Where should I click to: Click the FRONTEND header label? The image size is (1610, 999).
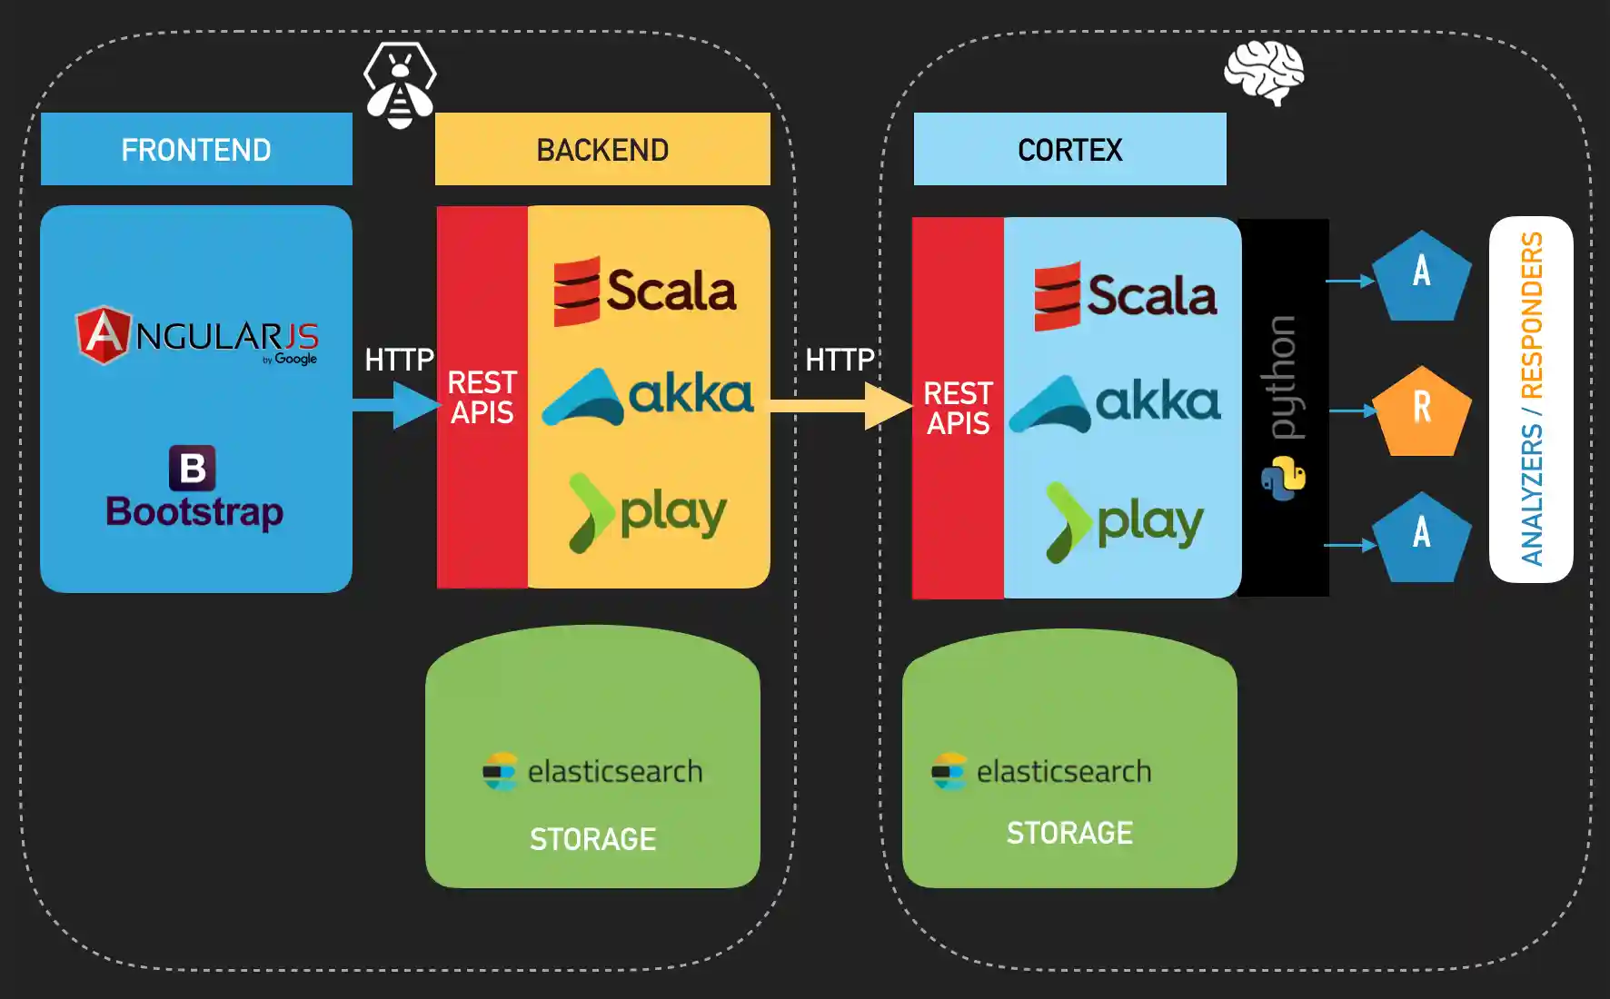tap(196, 150)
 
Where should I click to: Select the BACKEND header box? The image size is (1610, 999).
tap(602, 149)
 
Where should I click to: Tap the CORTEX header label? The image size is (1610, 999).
tap(1070, 150)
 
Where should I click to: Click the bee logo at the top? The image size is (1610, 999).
tap(400, 85)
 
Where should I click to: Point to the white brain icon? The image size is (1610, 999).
tap(1264, 73)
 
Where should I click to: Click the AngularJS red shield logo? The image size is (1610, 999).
tap(104, 334)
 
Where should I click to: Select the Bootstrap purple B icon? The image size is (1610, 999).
tap(193, 468)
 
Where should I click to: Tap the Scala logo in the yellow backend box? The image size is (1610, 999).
tap(645, 292)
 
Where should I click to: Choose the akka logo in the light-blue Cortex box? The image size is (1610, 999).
tap(1115, 403)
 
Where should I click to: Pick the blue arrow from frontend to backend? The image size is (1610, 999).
tap(397, 405)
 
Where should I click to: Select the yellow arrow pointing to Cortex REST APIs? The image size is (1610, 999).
tap(841, 405)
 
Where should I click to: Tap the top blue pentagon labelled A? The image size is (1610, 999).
tap(1421, 276)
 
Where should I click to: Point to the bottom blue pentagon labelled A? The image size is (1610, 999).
tap(1421, 538)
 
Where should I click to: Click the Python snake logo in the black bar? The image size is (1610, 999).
tap(1283, 479)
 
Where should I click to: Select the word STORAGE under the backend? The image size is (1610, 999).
tap(592, 839)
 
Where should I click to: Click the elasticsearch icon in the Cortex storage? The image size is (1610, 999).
tap(949, 771)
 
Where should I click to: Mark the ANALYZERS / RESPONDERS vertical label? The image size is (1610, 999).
tap(1532, 399)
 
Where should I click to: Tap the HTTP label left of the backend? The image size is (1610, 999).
tap(400, 360)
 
